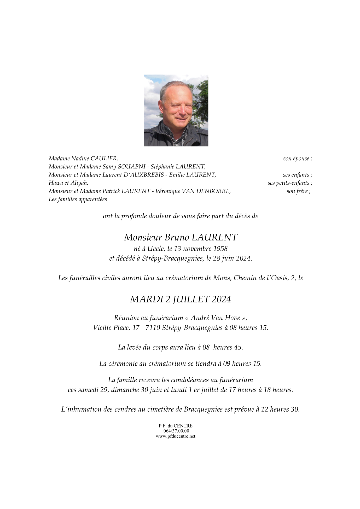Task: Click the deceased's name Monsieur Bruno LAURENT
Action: tap(181, 237)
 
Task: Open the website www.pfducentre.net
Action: tap(176, 436)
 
